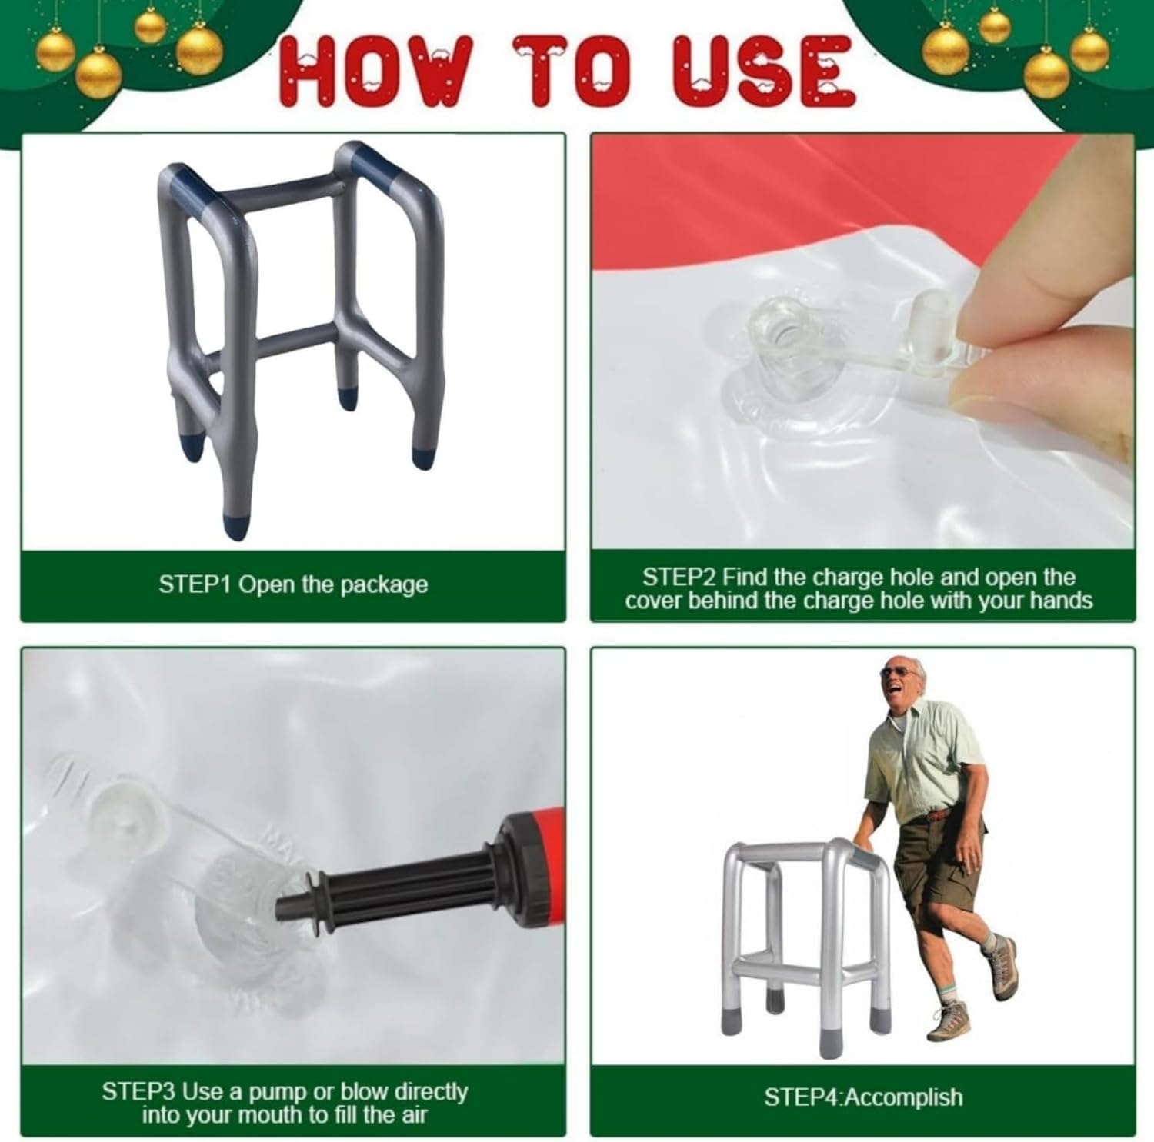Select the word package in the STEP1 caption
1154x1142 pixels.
[384, 585]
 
